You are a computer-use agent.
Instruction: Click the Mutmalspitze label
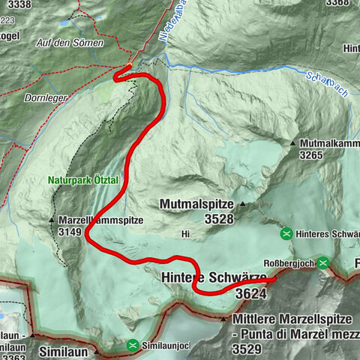coord(197,204)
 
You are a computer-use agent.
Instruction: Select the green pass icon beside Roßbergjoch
coord(322,262)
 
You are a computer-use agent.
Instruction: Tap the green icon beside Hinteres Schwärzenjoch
coord(286,233)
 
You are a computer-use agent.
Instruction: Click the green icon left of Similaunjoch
coord(133,345)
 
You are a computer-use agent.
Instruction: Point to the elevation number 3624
coord(251,292)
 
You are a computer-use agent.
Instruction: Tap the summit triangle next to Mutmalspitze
coord(243,203)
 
